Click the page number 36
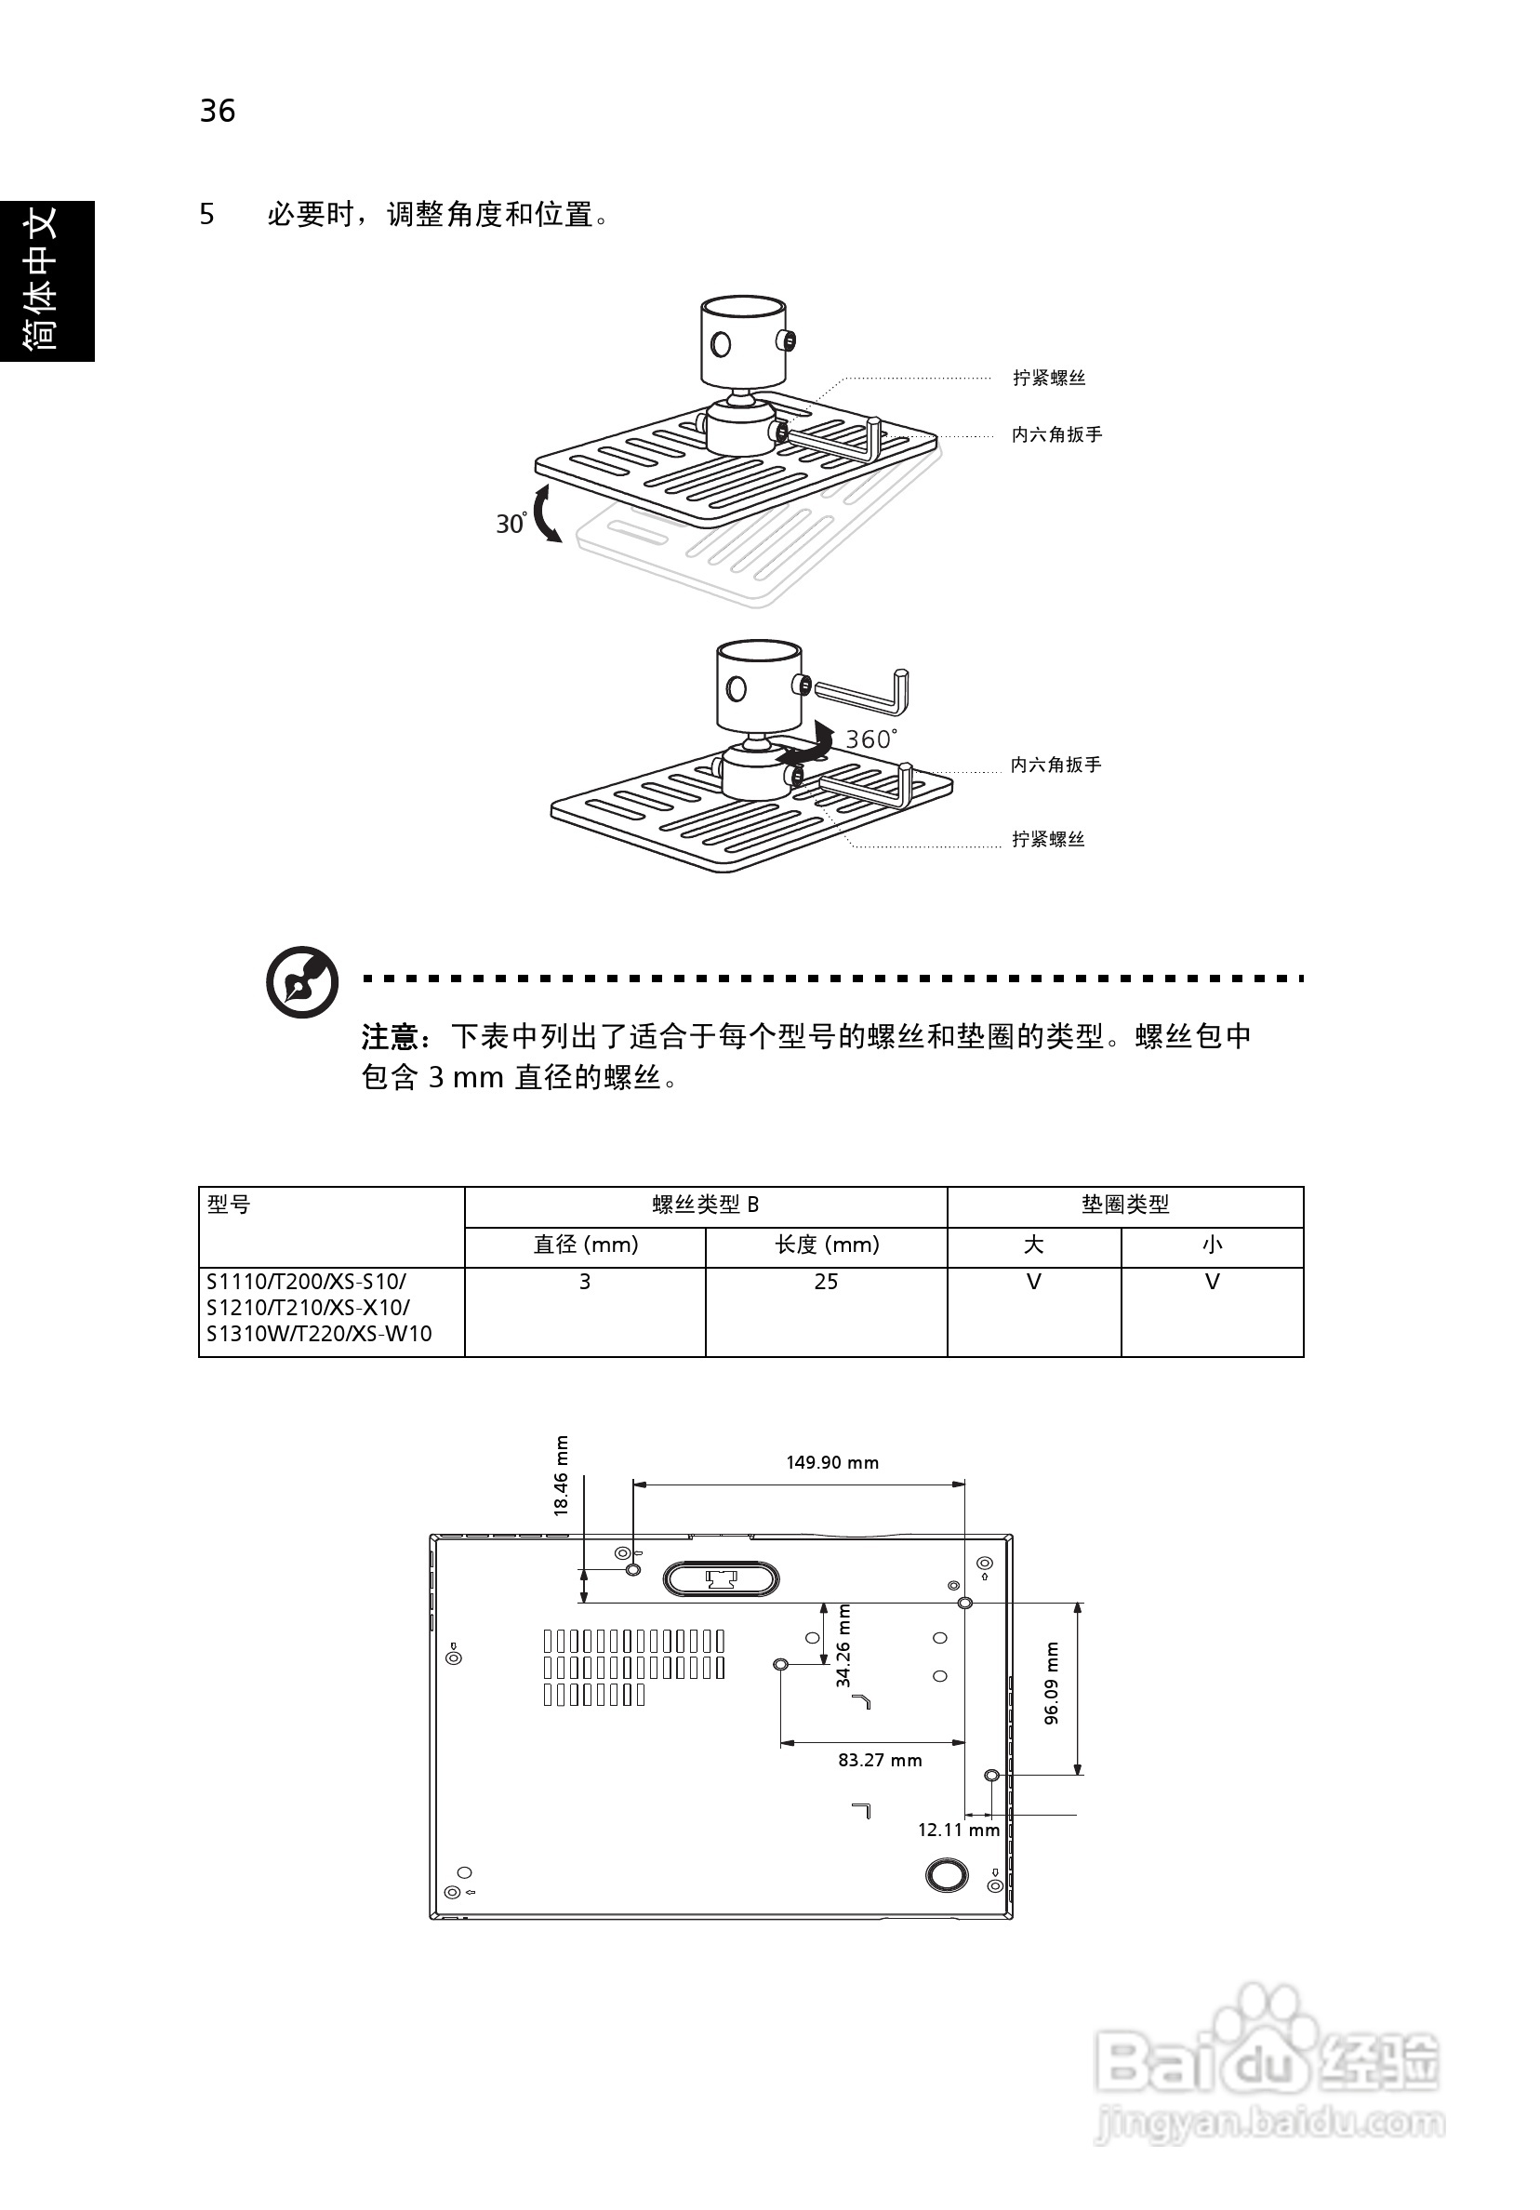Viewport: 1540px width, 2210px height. coord(218,111)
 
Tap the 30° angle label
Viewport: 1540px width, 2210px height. coord(511,523)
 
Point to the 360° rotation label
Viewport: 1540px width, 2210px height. coord(870,739)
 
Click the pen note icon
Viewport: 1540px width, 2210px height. coord(302,982)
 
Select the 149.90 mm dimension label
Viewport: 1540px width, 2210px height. coord(831,1462)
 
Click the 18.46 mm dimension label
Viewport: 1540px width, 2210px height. coord(561,1475)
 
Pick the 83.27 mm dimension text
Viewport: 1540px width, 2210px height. coord(880,1760)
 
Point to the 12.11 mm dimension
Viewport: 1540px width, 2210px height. coord(959,1830)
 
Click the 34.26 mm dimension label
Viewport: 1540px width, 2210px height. coord(843,1646)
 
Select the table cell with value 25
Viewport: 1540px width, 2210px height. coord(826,1282)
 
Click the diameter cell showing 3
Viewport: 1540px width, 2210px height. coord(584,1282)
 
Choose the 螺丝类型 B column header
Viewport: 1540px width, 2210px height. coord(706,1205)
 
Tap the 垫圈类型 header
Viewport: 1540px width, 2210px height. coord(1125,1205)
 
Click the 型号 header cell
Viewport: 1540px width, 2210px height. coord(229,1205)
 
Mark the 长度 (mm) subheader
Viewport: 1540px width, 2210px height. coord(827,1245)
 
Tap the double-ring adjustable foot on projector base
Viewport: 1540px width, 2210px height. coord(945,1875)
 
